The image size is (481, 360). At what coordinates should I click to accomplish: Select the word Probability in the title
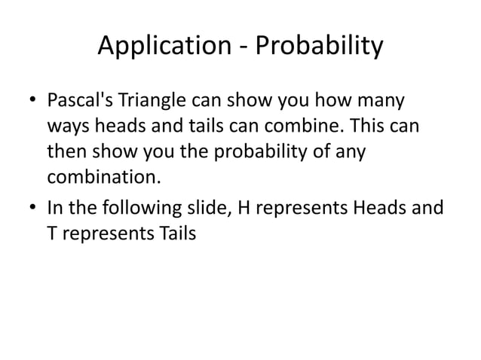point(320,47)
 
